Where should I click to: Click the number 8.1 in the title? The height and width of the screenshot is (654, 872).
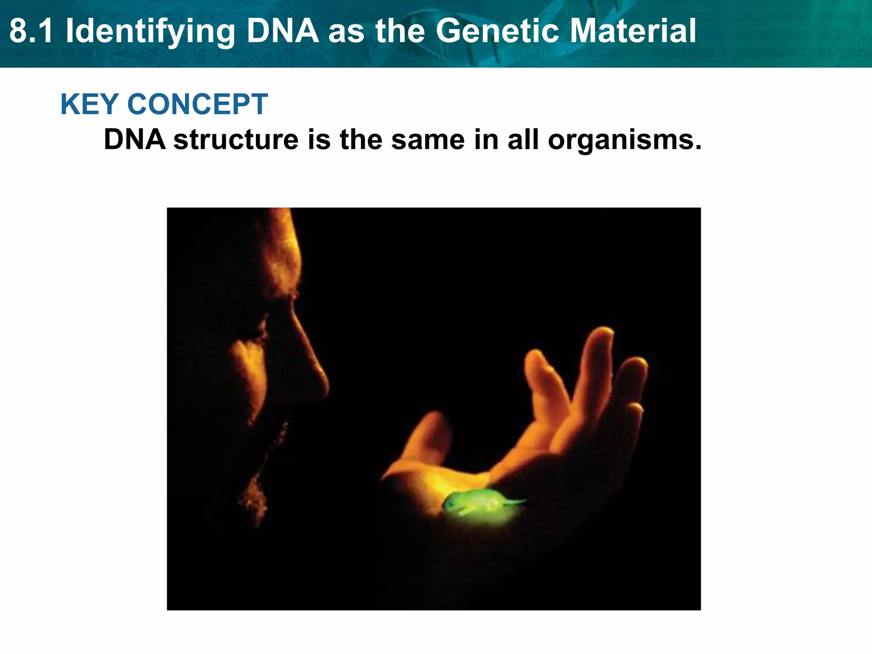tap(32, 32)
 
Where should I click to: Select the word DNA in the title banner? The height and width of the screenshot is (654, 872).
tap(283, 32)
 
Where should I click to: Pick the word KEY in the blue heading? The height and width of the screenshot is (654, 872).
tap(89, 104)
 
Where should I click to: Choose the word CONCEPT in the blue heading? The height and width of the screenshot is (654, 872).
tap(198, 104)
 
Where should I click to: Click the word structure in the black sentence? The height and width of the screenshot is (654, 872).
tap(236, 140)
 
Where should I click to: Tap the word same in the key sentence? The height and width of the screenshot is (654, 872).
tap(427, 140)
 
